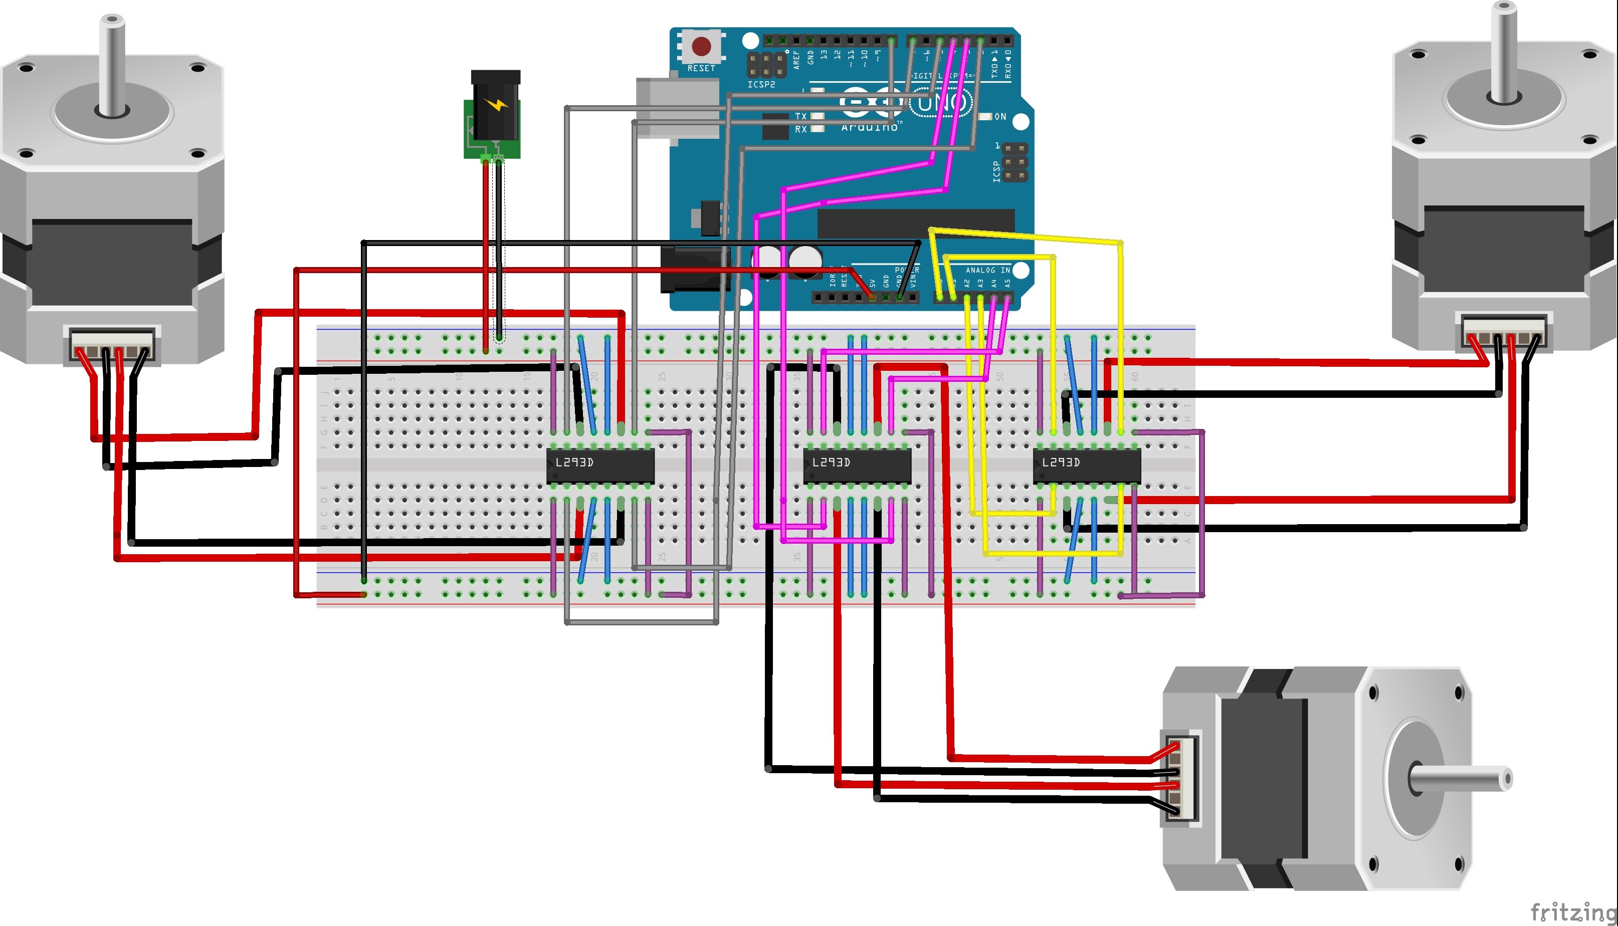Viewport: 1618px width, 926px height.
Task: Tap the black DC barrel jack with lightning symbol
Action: point(495,108)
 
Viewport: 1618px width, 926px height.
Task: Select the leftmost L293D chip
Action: point(600,465)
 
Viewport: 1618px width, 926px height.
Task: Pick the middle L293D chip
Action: point(857,465)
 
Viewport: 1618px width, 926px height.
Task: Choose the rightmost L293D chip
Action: point(1086,465)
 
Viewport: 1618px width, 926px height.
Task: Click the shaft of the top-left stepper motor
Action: point(112,64)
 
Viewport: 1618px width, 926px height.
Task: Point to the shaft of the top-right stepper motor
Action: point(1504,51)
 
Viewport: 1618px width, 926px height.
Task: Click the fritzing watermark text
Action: point(1572,912)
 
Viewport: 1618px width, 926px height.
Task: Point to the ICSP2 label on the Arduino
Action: point(761,85)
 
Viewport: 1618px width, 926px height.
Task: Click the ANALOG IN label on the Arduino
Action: point(987,270)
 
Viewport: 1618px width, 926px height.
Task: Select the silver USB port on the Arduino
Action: point(677,108)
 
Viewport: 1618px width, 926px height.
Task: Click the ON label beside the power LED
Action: point(1000,116)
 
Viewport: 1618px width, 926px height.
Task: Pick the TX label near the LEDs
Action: point(800,116)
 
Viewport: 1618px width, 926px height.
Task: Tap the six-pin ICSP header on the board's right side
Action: point(1014,162)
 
